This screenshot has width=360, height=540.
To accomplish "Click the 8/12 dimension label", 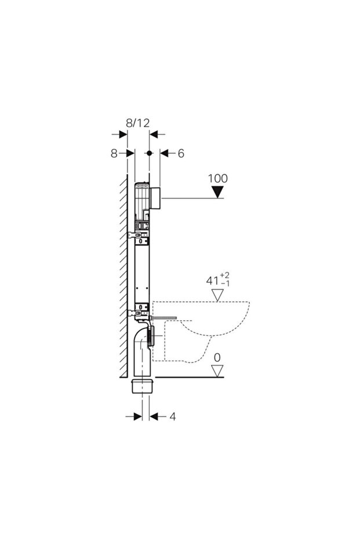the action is tap(137, 122).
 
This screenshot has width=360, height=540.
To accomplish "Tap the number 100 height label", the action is tap(217, 179).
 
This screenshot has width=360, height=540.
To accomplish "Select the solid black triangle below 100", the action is tap(217, 192).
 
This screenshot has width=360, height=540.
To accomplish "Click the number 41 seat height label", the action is tap(213, 281).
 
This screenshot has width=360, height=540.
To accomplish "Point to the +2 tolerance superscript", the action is tap(225, 275).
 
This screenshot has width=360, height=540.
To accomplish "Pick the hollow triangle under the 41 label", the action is tap(217, 295).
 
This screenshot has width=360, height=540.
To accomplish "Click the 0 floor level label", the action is tap(217, 358).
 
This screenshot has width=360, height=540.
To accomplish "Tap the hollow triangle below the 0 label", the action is tap(217, 371).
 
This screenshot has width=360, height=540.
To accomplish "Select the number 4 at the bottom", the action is tap(173, 416).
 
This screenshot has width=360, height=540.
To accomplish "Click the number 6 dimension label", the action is tap(181, 153).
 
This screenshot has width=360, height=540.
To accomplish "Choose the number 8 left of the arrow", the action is tap(114, 153).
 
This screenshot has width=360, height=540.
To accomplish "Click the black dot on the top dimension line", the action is tap(149, 153).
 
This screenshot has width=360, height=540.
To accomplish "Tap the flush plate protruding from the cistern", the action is tap(155, 198).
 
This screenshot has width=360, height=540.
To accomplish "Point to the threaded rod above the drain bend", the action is tap(163, 317).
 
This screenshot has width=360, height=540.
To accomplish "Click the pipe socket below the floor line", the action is tap(142, 386).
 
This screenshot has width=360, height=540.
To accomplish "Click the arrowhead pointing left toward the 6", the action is tap(165, 153).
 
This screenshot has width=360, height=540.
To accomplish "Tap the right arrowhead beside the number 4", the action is tap(154, 416).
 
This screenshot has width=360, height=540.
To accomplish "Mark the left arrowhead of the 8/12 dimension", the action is tap(123, 135).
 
